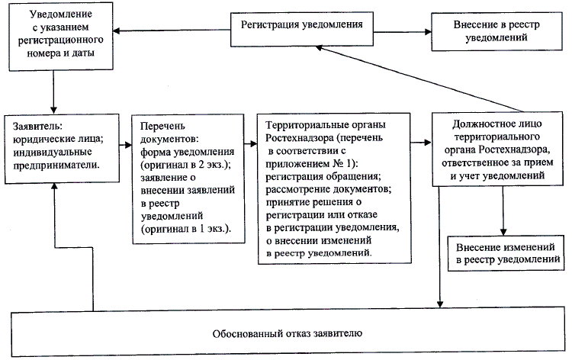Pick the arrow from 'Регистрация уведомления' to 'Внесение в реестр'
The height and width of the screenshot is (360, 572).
(x=404, y=32)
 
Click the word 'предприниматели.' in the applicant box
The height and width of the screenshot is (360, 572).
(x=62, y=163)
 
